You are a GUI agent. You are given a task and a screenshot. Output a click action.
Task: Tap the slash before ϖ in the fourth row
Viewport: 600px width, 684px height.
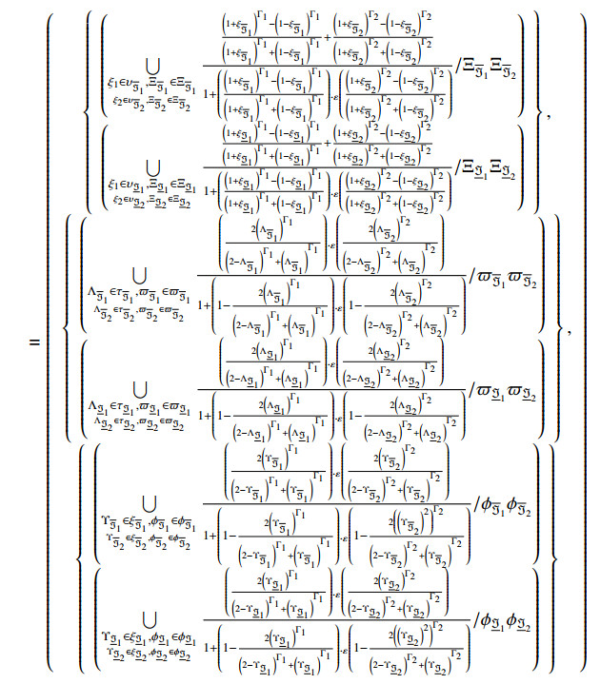[x=472, y=393]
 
